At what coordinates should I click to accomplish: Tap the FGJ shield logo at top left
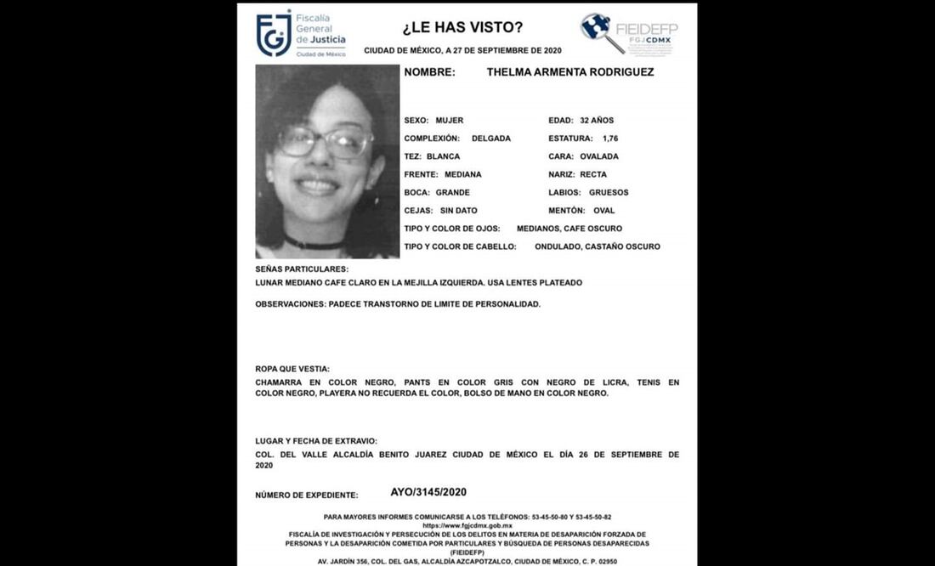pyautogui.click(x=274, y=34)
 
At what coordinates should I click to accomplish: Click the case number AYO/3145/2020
pyautogui.click(x=428, y=492)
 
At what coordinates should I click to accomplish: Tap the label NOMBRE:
pyautogui.click(x=429, y=73)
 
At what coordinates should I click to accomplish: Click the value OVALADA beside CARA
pyautogui.click(x=599, y=156)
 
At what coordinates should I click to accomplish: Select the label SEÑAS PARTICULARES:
pyautogui.click(x=296, y=269)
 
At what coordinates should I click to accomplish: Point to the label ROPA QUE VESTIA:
pyautogui.click(x=292, y=369)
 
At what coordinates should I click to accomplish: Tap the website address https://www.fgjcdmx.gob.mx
pyautogui.click(x=467, y=526)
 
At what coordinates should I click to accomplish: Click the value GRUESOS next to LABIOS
pyautogui.click(x=609, y=193)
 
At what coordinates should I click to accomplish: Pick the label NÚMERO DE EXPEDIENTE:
pyautogui.click(x=306, y=495)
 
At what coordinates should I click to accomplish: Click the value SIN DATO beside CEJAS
pyautogui.click(x=459, y=211)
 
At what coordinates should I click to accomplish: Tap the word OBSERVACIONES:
pyautogui.click(x=289, y=304)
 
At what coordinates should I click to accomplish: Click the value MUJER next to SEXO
pyautogui.click(x=450, y=121)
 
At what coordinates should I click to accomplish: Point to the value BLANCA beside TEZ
pyautogui.click(x=443, y=156)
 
